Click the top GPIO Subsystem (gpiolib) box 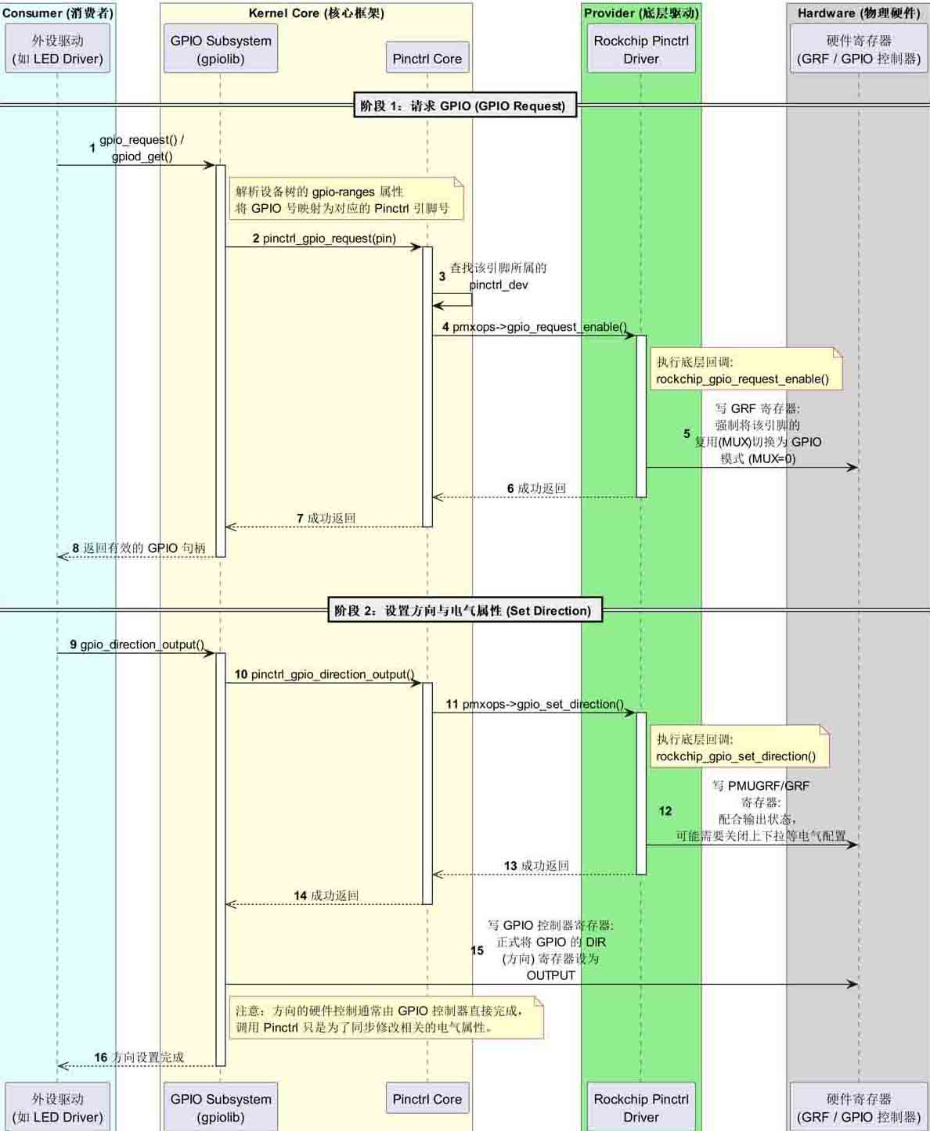tap(221, 49)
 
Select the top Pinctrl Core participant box tap(427, 59)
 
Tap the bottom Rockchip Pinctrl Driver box tap(641, 1108)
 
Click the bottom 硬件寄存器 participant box tap(859, 1108)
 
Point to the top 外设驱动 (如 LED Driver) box tap(58, 49)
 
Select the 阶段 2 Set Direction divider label tap(463, 611)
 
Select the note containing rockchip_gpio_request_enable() tap(745, 370)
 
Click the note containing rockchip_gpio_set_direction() tap(738, 747)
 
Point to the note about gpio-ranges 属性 tap(345, 199)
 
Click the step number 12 tap(665, 811)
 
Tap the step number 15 tap(478, 950)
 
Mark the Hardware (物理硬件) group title tap(859, 13)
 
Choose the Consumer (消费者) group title tap(58, 13)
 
